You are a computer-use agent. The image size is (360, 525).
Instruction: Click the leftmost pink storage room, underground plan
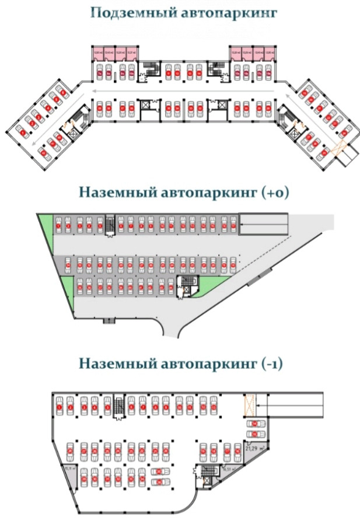point(98,54)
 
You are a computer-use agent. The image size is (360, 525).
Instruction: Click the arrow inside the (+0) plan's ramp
point(263,224)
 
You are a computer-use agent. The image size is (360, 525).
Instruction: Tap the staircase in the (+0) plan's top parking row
point(109,225)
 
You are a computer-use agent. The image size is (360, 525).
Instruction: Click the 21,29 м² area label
point(252,449)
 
